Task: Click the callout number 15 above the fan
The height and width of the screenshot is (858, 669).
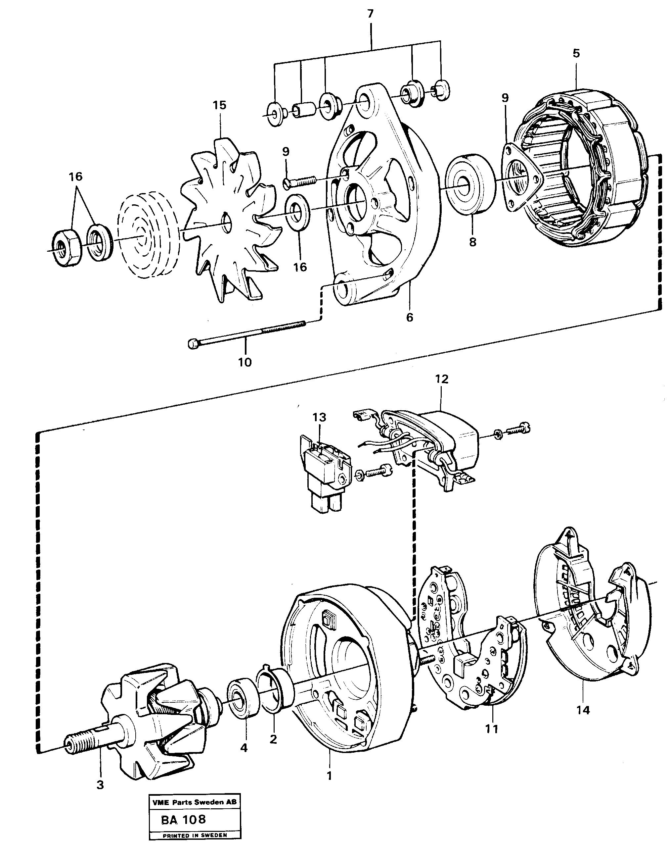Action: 220,105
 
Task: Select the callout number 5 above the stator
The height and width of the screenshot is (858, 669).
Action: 576,53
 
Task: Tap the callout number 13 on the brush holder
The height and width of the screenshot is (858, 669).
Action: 319,417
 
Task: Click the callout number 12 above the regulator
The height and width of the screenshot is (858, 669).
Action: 442,379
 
